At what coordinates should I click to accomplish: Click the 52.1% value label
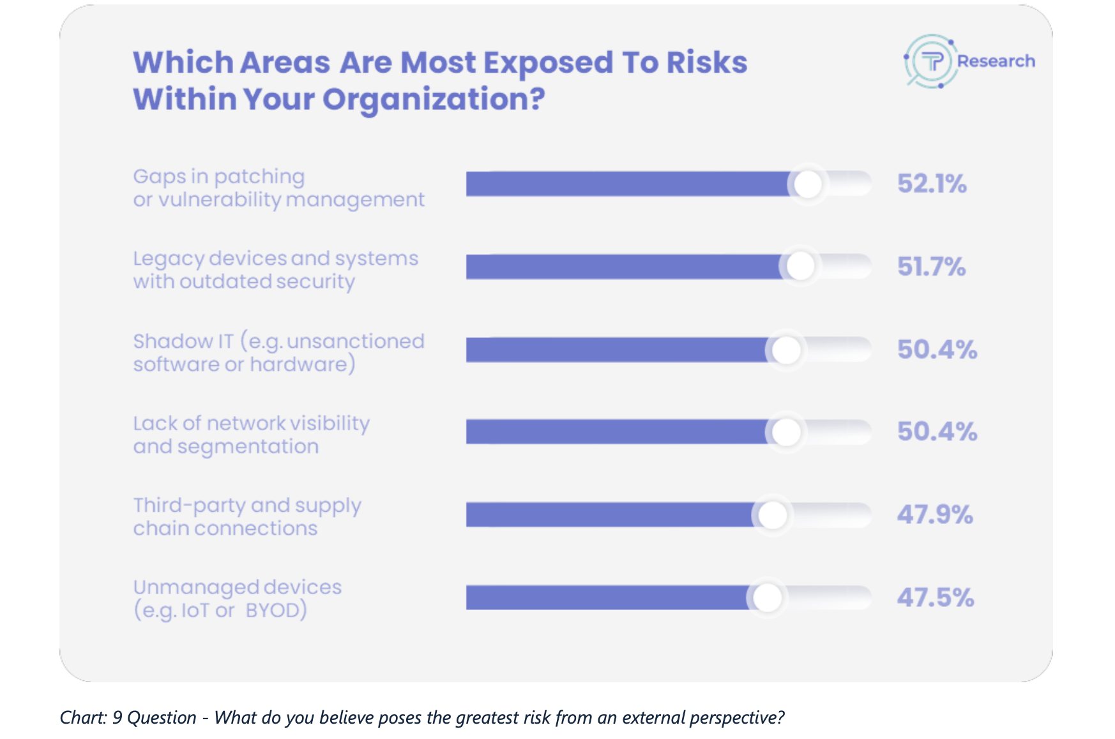[932, 184]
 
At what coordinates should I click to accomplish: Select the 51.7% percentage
[931, 267]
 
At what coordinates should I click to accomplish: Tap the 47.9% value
[935, 514]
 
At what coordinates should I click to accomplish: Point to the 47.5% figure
[936, 598]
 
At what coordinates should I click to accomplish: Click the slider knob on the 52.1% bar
[808, 184]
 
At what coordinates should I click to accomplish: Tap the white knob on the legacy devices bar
[800, 266]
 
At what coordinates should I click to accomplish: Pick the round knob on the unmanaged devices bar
[767, 598]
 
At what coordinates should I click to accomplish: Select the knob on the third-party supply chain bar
[773, 515]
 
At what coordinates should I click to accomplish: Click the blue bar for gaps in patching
[626, 184]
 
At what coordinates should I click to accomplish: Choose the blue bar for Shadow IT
[616, 350]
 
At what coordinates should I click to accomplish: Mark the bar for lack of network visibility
[616, 432]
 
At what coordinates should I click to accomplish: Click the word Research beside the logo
[996, 61]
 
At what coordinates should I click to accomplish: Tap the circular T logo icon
[931, 62]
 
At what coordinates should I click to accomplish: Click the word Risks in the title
[707, 63]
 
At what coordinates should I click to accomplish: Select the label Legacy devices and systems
[275, 258]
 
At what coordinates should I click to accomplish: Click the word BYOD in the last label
[276, 611]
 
